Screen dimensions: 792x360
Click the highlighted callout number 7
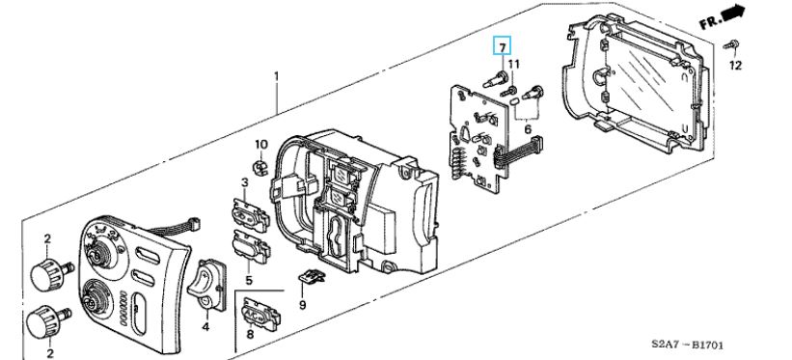[x=502, y=47]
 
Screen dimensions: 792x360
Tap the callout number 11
[x=513, y=65]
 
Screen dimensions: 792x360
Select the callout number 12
[x=736, y=66]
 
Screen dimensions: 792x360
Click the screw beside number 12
[x=731, y=45]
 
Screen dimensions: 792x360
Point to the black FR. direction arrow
[x=733, y=14]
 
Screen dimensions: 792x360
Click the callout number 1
[x=276, y=76]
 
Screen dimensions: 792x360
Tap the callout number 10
[x=260, y=145]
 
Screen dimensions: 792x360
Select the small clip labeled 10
[x=259, y=167]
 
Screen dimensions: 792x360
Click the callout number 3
[x=244, y=182]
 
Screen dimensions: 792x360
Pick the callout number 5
[x=249, y=280]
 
